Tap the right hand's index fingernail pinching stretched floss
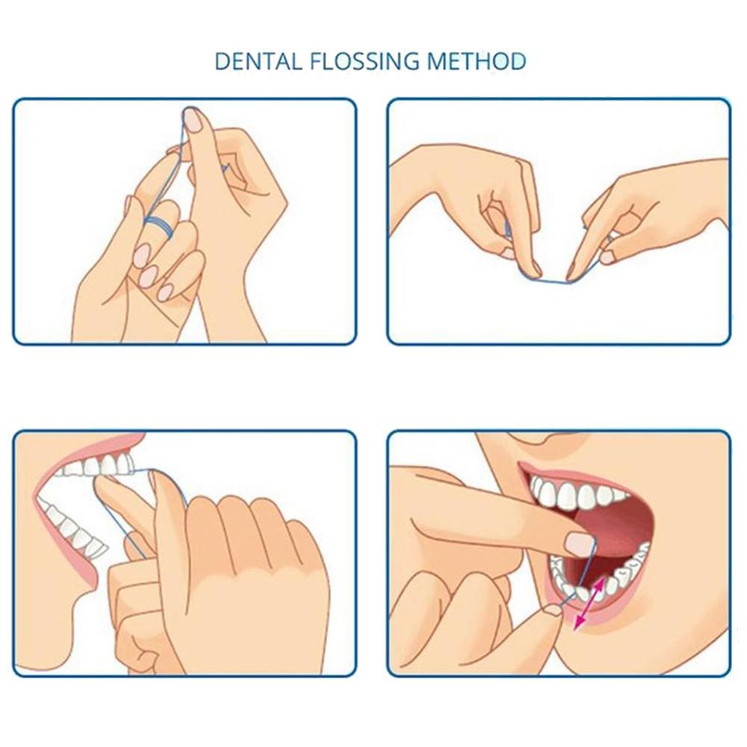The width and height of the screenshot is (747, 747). [573, 270]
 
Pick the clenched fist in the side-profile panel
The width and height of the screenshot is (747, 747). [247, 568]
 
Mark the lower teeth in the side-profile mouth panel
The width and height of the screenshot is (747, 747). [75, 530]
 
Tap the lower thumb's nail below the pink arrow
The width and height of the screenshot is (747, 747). [553, 610]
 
